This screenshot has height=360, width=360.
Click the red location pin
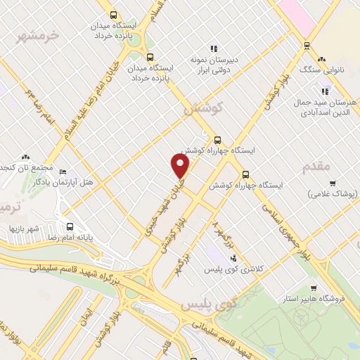[x=181, y=166]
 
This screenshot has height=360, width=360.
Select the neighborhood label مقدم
[x=316, y=167]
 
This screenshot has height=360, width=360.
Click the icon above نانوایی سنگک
[x=323, y=60]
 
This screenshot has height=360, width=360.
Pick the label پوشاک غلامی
[x=332, y=192]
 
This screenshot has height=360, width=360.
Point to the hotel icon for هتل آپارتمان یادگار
[x=63, y=172]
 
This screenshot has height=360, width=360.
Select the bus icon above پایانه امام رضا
[x=69, y=226]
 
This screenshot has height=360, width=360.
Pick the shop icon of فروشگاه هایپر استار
[x=314, y=288]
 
